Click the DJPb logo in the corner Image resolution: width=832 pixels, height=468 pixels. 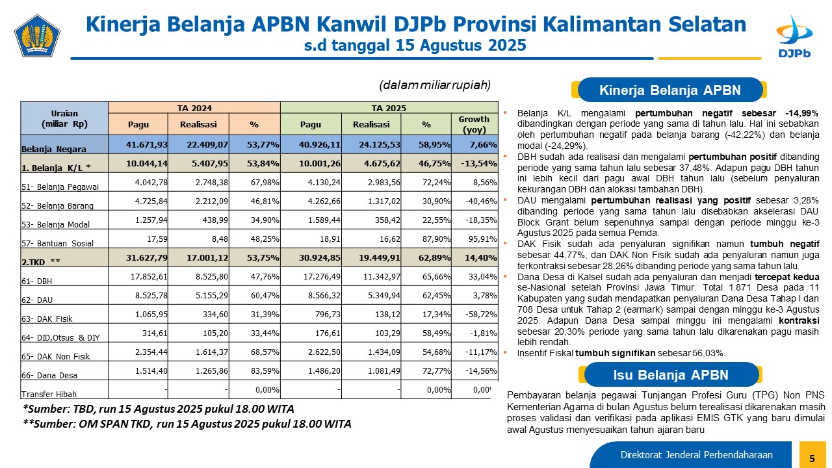coord(794,36)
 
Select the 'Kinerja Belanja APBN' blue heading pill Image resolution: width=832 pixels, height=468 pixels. coord(670,90)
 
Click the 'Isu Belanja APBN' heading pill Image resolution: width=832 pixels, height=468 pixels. coord(671,375)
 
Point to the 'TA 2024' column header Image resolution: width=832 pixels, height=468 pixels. coord(194,108)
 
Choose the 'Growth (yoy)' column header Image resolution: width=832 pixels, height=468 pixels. coord(474,123)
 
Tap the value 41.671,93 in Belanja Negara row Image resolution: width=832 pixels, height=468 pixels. coord(148,144)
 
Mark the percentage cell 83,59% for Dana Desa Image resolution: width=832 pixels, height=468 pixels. coord(264,370)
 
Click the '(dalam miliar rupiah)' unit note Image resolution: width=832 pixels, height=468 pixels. coord(434,85)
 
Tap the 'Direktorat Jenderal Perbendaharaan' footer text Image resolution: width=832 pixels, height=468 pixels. coord(696,454)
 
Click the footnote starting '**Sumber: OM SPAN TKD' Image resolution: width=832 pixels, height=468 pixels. coord(187,424)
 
